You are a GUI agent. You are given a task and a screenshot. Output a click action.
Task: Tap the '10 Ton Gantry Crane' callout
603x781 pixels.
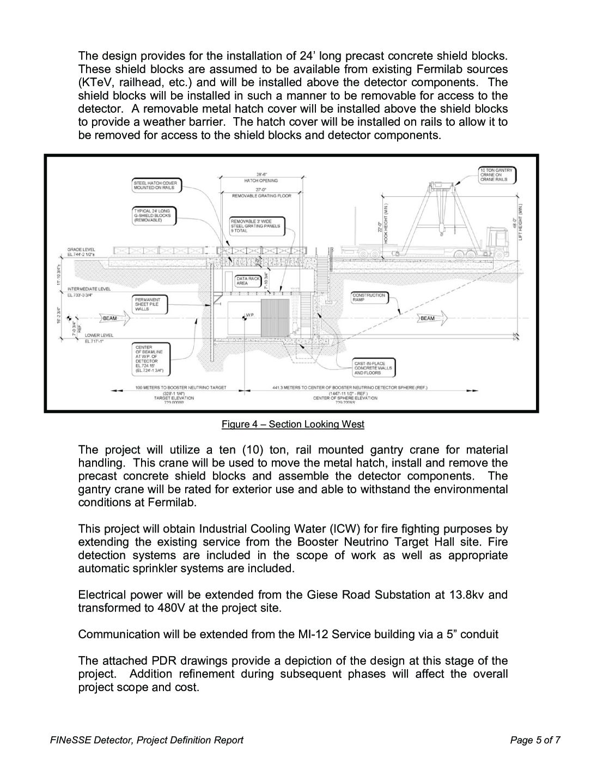pos(496,175)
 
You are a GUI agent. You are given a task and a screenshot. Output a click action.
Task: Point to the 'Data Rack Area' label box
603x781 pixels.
pos(243,281)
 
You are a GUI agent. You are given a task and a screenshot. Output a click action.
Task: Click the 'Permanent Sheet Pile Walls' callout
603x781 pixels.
pos(150,304)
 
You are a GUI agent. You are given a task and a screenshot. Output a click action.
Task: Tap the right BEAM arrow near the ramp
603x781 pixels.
pos(430,317)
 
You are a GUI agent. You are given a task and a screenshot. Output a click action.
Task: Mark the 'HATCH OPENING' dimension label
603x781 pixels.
pos(261,180)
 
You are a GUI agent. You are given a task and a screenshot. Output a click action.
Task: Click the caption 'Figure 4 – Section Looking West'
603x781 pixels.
pos(293,424)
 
